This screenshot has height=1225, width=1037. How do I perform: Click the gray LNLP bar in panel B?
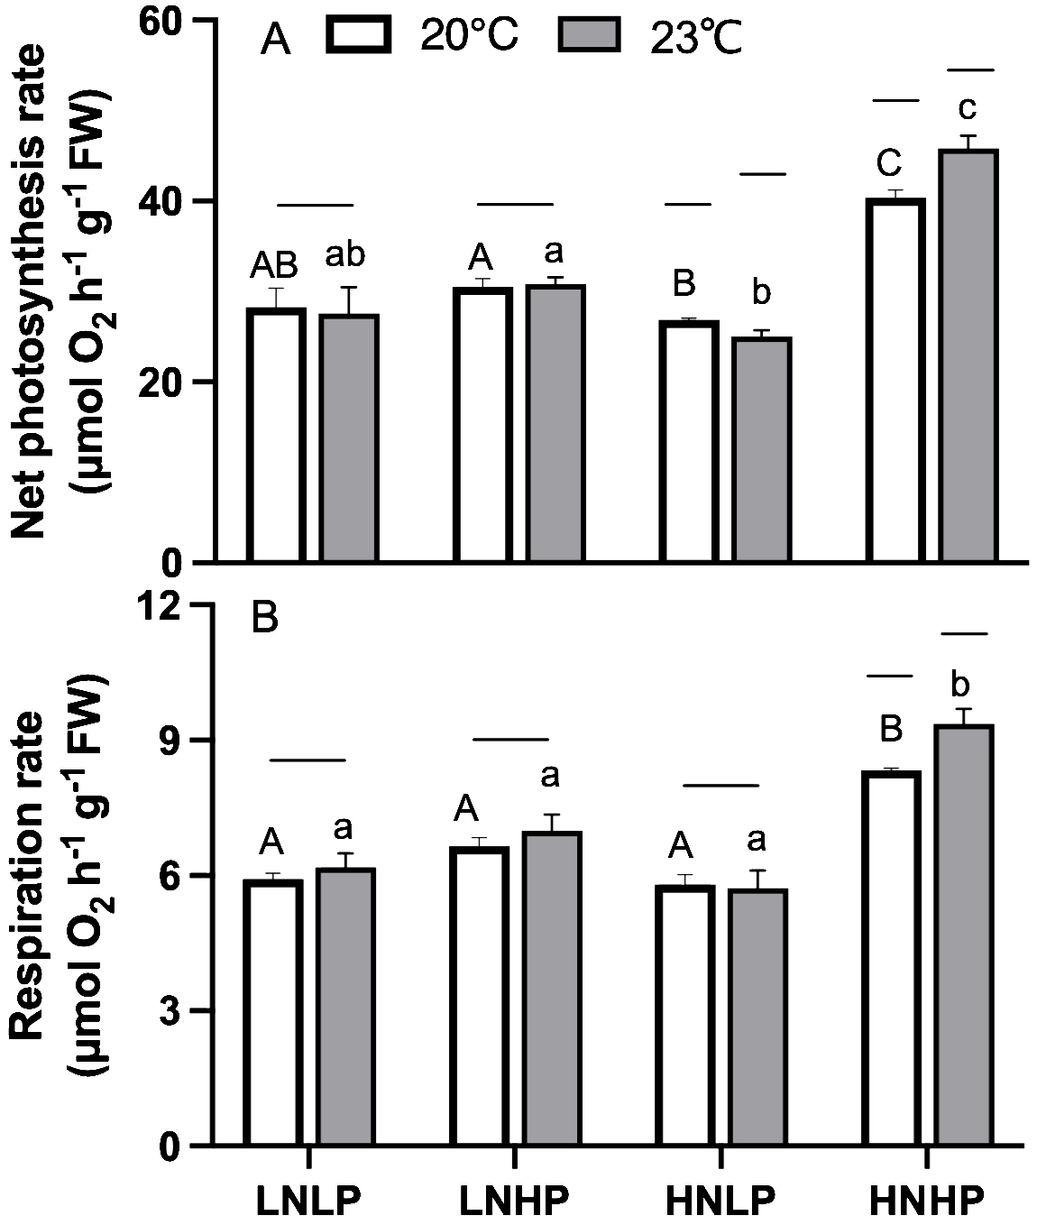click(345, 1007)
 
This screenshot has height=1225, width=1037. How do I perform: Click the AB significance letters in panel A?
click(277, 266)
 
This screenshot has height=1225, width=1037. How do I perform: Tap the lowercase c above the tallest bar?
click(967, 108)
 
